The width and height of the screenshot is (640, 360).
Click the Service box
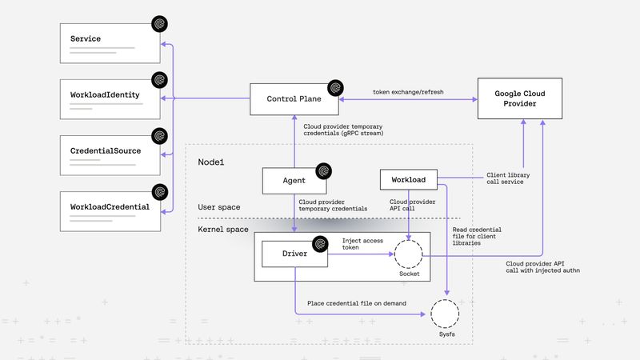click(112, 44)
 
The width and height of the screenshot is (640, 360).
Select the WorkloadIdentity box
click(112, 100)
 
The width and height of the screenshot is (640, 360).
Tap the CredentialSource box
click(112, 156)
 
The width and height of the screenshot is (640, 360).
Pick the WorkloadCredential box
click(112, 212)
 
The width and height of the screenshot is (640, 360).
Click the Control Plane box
click(294, 99)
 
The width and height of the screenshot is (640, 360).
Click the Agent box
click(294, 181)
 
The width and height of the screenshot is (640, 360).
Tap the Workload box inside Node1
click(408, 180)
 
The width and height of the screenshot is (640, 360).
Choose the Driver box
click(294, 253)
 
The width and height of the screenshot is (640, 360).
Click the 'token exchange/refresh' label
click(408, 92)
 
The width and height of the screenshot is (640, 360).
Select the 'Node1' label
click(212, 162)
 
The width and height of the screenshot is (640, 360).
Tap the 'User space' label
click(219, 208)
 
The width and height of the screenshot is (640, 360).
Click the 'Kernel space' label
click(223, 230)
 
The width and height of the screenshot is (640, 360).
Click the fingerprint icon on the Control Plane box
click(336, 86)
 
